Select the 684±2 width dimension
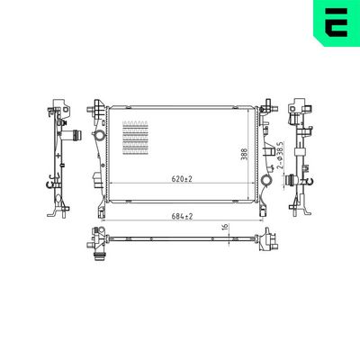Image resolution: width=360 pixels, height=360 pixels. (183, 216)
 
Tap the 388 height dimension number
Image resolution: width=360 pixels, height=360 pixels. (244, 155)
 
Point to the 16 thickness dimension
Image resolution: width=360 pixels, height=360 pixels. (224, 229)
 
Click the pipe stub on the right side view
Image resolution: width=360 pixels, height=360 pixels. (292, 180)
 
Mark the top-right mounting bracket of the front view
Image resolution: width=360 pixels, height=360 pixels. (266, 111)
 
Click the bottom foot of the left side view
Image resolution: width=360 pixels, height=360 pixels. (58, 213)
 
